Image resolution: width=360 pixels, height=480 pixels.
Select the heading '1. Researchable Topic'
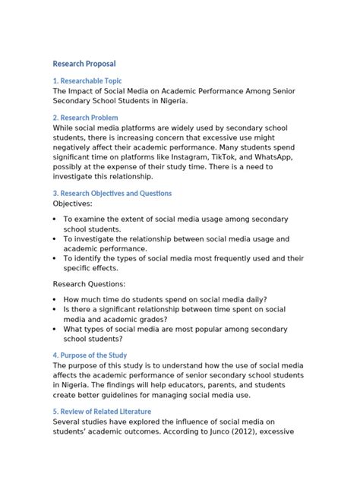[87, 81]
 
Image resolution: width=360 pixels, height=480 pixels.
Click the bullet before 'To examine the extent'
[56, 219]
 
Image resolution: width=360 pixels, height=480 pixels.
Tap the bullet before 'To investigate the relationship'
[56, 238]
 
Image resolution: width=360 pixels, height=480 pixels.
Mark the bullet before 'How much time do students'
[56, 298]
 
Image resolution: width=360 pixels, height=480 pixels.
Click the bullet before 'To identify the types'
[56, 257]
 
